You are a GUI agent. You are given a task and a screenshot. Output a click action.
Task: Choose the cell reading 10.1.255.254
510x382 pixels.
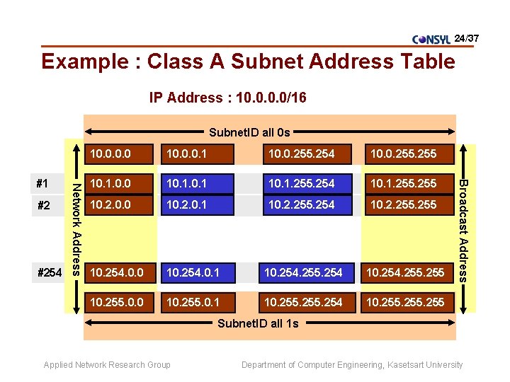tap(302, 183)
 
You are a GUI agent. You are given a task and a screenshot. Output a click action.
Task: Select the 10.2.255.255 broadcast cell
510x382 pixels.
tap(403, 205)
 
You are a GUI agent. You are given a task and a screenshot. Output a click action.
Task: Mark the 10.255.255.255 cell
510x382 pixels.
tap(403, 302)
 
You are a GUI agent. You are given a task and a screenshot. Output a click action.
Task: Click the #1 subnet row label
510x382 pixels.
tap(42, 183)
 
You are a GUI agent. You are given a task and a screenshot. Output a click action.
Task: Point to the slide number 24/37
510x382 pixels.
tap(467, 36)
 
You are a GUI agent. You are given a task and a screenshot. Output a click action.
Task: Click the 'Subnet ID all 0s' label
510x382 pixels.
tap(249, 132)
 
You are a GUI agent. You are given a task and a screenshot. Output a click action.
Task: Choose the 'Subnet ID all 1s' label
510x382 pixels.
tap(258, 323)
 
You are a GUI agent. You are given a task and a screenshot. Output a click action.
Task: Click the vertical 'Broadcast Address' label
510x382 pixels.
tap(463, 230)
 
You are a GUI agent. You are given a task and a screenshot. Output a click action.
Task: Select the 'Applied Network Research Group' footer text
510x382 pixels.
tap(107, 365)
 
